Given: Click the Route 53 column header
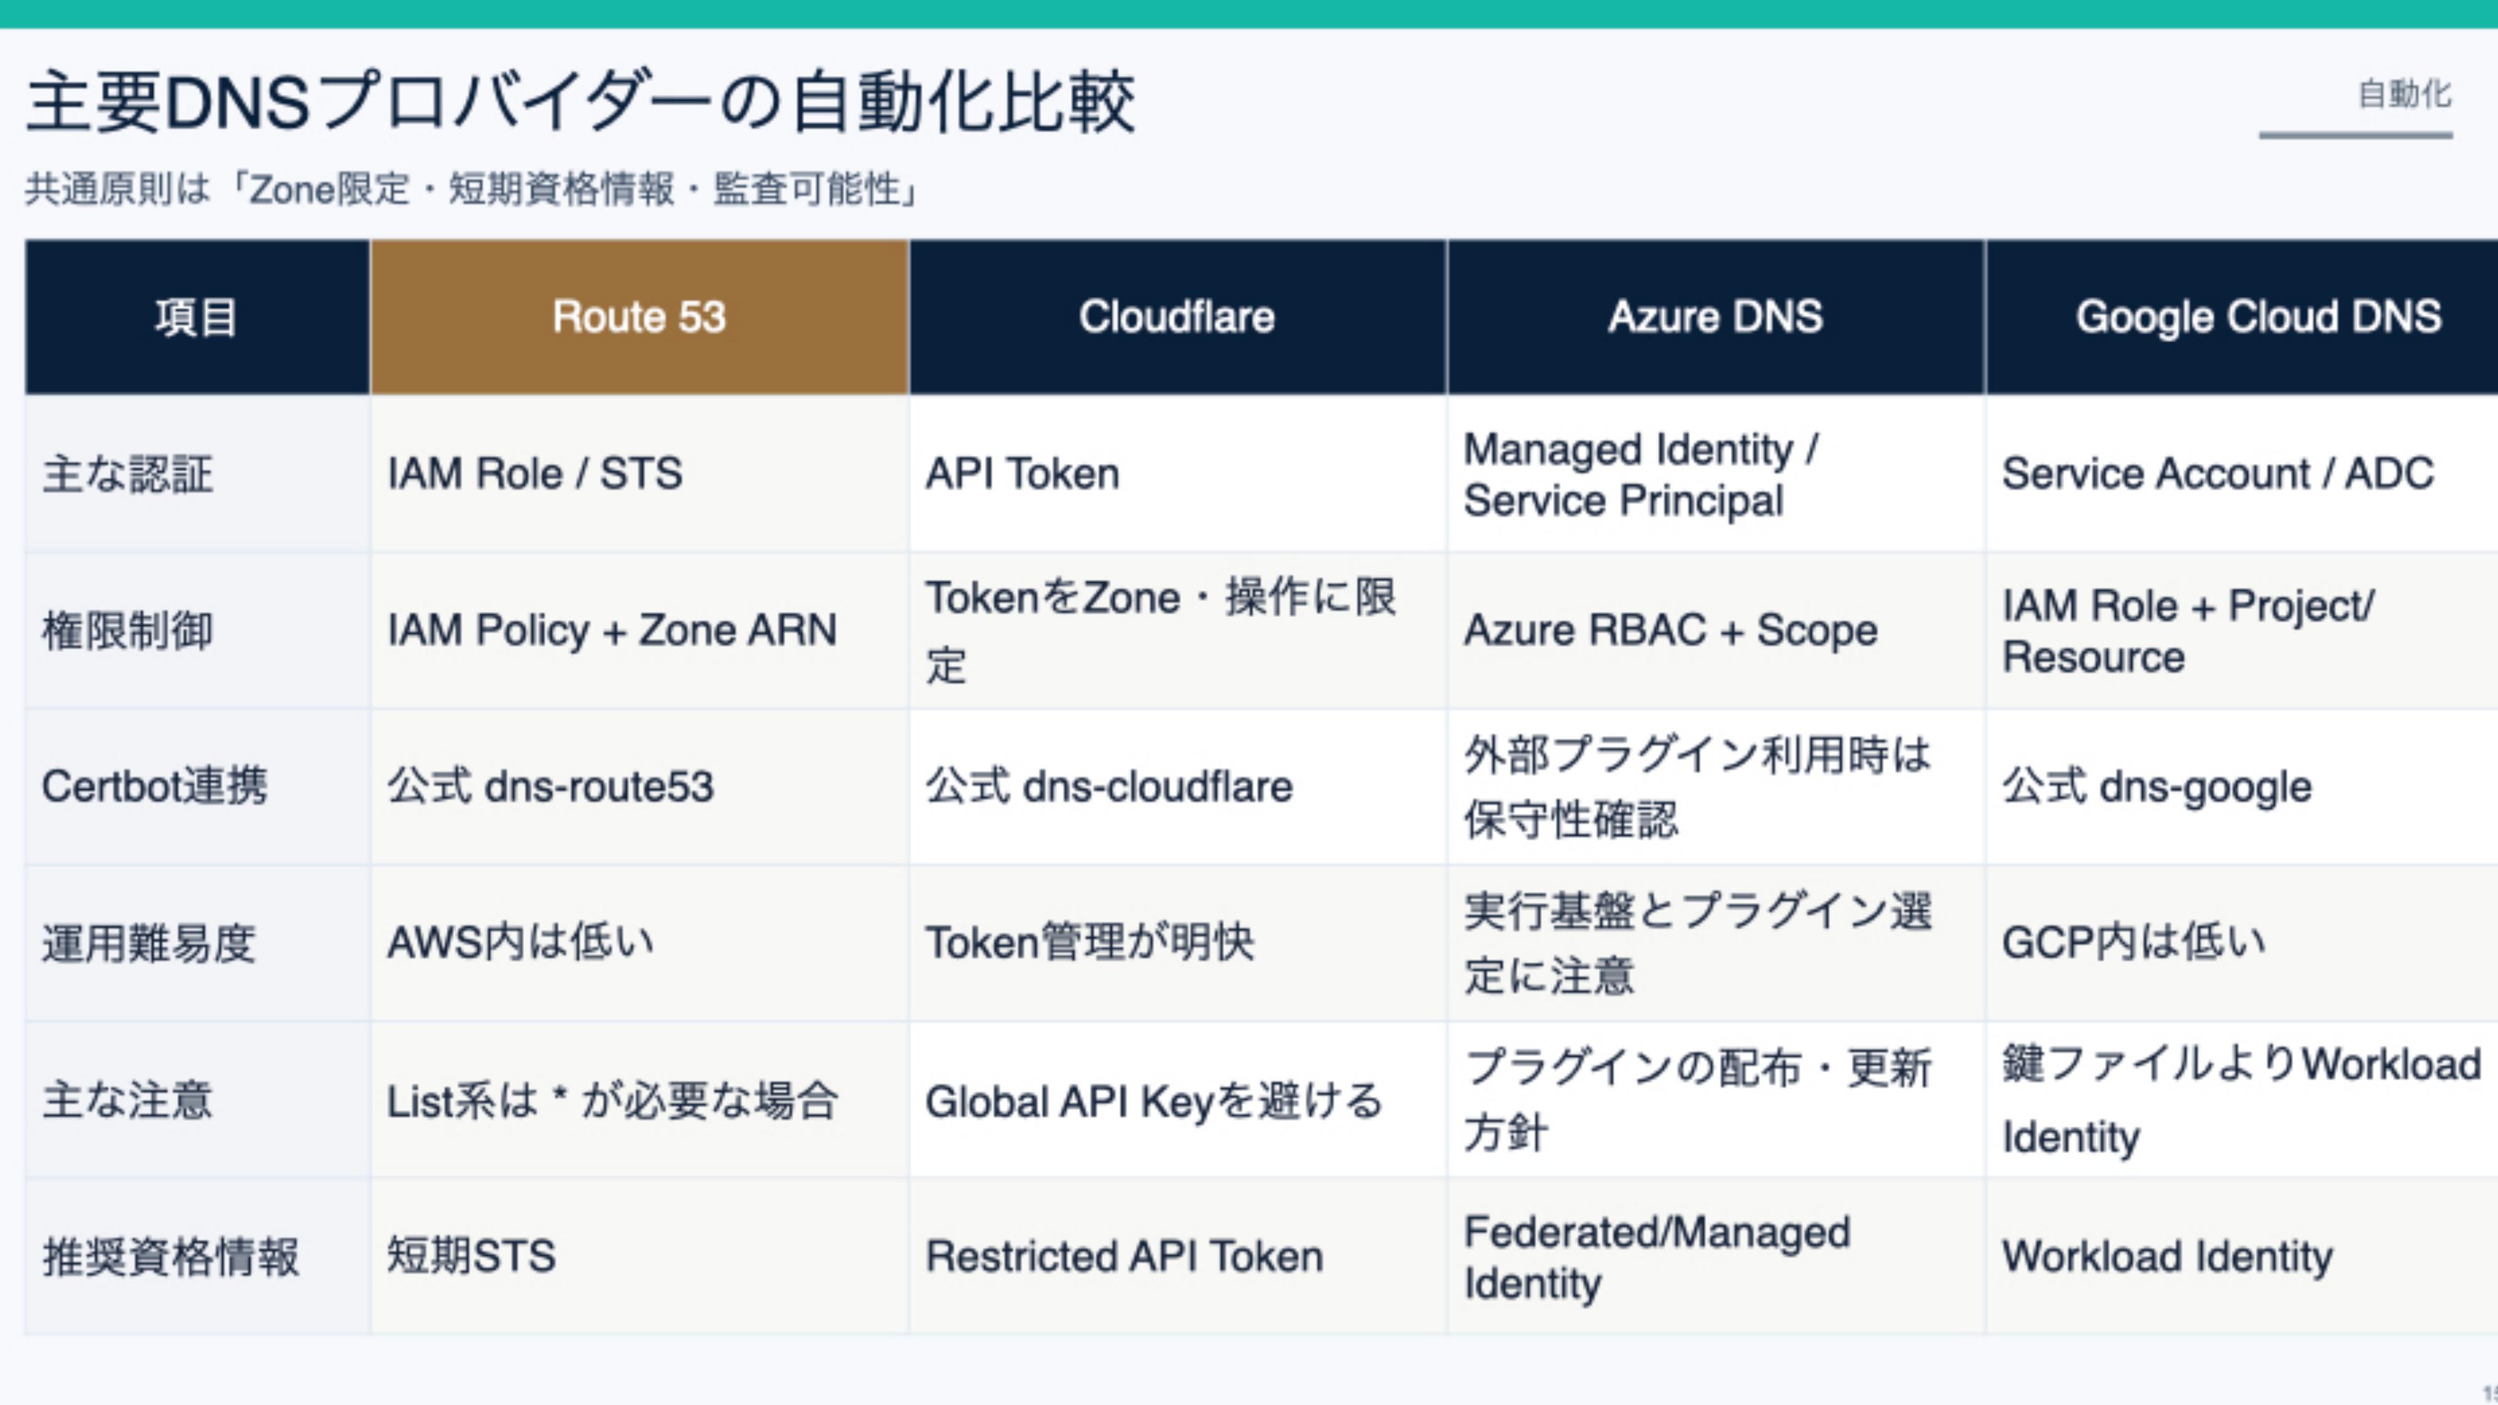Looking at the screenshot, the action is pos(639,316).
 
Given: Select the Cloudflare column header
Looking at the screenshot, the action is pos(1177,316).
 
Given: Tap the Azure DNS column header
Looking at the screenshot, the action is pos(1716,316).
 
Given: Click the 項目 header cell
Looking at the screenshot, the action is pos(197,316).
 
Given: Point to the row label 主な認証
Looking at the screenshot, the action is pos(127,474).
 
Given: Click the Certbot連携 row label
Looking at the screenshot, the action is pos(154,786).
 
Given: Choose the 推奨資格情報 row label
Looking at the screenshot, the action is pos(170,1256).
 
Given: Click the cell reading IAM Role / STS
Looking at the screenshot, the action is pos(535,474).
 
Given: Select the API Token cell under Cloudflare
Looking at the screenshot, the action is pos(1022,474).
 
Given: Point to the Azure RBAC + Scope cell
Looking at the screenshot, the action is pos(1671,630).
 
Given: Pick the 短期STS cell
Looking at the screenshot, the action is pos(471,1256).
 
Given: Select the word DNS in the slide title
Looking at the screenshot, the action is pos(237,103).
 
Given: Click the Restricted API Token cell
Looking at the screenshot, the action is pos(1124,1256).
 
